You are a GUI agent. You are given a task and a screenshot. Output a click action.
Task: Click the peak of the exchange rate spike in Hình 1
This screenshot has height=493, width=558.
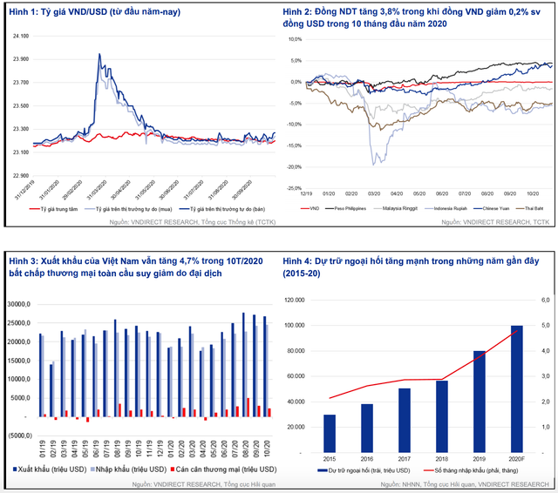click(98, 54)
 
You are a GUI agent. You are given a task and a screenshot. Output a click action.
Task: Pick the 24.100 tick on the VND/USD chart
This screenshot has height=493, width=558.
click(19, 36)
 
